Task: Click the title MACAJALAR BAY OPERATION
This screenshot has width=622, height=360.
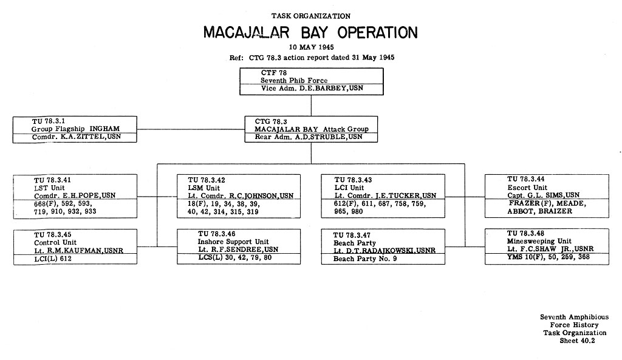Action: pos(310,33)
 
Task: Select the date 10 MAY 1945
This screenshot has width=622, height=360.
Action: pos(311,47)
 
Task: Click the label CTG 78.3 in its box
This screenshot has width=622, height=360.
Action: pos(271,121)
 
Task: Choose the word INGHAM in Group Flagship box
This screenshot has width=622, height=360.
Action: pos(104,129)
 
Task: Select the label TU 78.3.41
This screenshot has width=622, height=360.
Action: pos(52,180)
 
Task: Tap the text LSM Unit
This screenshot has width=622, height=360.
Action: pos(203,188)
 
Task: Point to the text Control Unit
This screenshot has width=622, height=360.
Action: pos(55,242)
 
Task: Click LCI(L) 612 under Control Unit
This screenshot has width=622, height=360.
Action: pos(53,259)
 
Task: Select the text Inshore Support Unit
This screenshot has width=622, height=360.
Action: pos(233,242)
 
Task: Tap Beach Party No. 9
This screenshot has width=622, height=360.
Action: pos(365,259)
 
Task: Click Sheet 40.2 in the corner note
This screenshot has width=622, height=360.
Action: pos(577,341)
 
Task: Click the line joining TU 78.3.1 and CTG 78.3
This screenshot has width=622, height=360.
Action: pos(191,129)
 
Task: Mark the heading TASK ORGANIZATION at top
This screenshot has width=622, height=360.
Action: pos(311,16)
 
